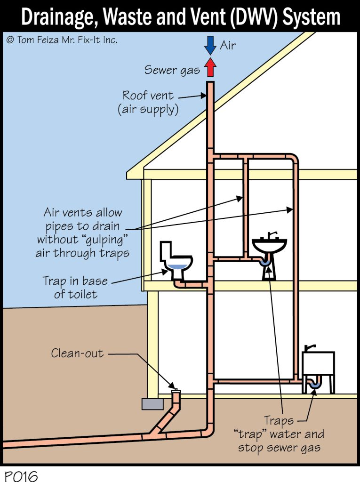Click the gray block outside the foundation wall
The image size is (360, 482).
(152, 404)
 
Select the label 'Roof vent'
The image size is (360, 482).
(148, 96)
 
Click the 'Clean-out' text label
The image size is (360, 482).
(77, 353)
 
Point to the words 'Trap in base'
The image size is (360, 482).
(75, 281)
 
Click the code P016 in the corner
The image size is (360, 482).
(21, 475)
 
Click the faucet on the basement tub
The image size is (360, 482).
(309, 347)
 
